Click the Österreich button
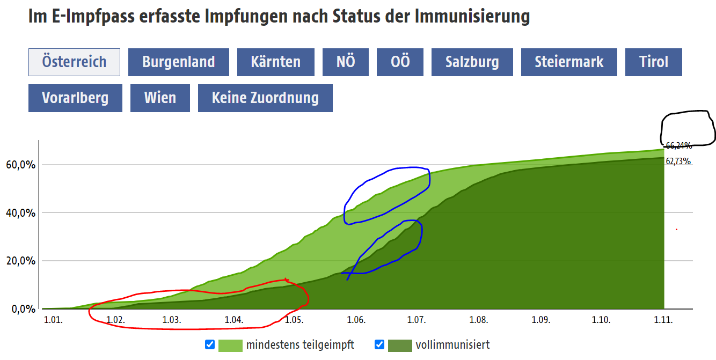tap(74, 62)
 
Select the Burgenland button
tap(178, 62)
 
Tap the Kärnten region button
tap(275, 62)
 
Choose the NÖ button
tap(346, 62)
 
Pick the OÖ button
tap(400, 62)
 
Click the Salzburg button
tap(472, 62)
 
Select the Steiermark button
tap(569, 62)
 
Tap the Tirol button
tap(653, 62)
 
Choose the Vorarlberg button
tap(75, 98)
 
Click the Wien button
tap(160, 98)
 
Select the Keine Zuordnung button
tap(265, 98)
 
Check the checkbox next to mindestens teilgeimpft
tap(210, 345)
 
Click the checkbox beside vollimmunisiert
tap(379, 345)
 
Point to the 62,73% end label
tap(678, 161)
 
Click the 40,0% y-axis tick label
tap(20, 213)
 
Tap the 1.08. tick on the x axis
tap(478, 320)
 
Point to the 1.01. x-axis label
tap(53, 320)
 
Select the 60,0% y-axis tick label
tap(20, 165)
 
